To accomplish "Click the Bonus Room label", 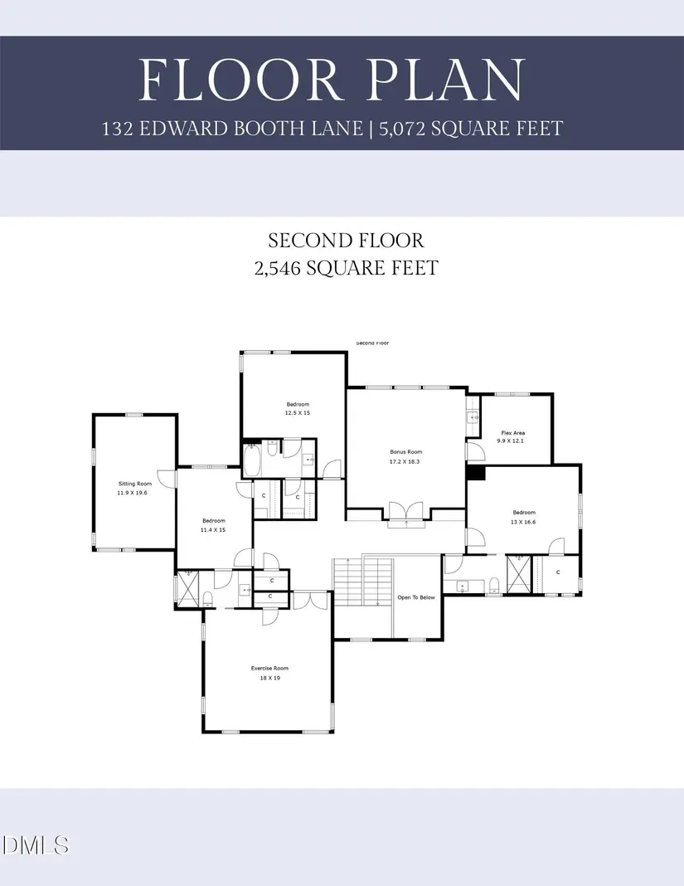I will pyautogui.click(x=406, y=452).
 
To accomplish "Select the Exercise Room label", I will pyautogui.click(x=269, y=668).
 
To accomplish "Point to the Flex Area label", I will pyautogui.click(x=513, y=433).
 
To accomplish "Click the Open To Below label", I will pyautogui.click(x=416, y=597).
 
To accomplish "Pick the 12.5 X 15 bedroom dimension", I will pyautogui.click(x=298, y=413).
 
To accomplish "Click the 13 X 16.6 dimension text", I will pyautogui.click(x=524, y=522).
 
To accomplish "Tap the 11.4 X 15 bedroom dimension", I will pyautogui.click(x=214, y=530).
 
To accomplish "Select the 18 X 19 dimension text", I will pyautogui.click(x=269, y=678).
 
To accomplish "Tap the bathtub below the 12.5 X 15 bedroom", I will pyautogui.click(x=252, y=459).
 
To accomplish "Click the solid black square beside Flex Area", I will pyautogui.click(x=476, y=471).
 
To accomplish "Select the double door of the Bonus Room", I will pyautogui.click(x=406, y=513).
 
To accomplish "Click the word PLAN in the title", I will pyautogui.click(x=434, y=80).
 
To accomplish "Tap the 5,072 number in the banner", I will pyautogui.click(x=407, y=128).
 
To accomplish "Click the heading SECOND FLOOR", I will pyautogui.click(x=346, y=241).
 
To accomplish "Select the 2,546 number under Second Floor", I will pyautogui.click(x=286, y=267).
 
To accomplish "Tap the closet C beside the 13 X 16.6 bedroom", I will pyautogui.click(x=558, y=572).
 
